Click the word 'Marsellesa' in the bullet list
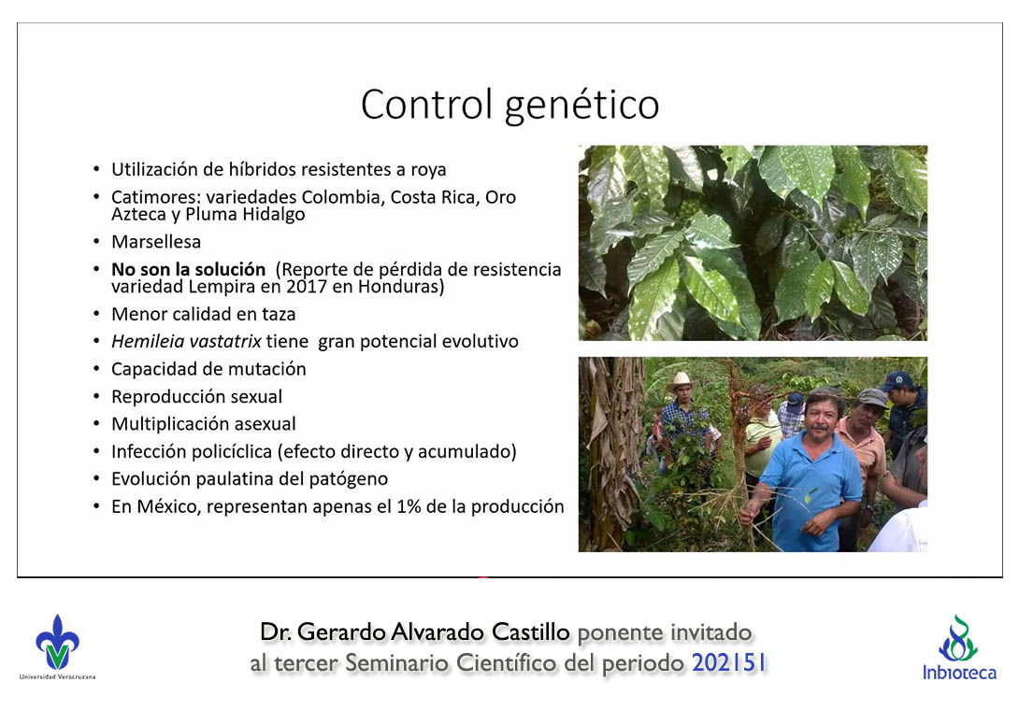[x=156, y=242]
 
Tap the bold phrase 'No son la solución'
[x=189, y=269]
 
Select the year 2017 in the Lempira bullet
[x=306, y=287]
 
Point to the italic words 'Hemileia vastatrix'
[x=187, y=341]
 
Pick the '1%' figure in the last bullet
[x=409, y=506]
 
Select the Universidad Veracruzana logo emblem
[x=57, y=643]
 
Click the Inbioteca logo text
[x=959, y=673]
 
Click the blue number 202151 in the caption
[x=729, y=663]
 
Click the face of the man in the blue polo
[x=820, y=416]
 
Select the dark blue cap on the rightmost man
[x=897, y=379]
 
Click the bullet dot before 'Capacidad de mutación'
[x=97, y=369]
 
